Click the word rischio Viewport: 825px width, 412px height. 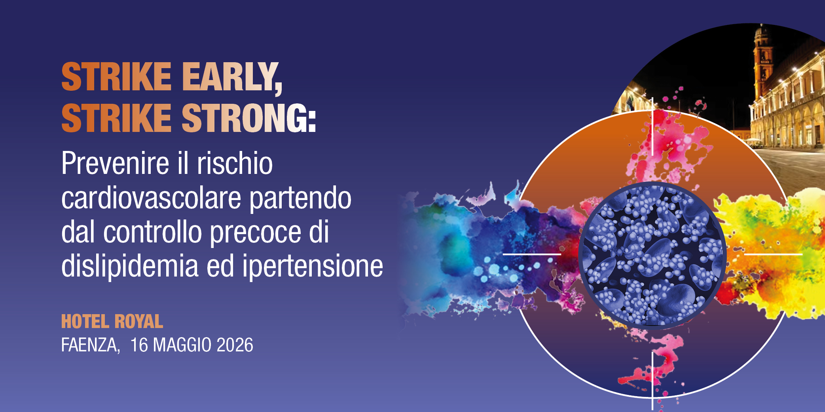pos(235,163)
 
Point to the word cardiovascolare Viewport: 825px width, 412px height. pos(151,198)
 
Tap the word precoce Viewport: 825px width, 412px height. pos(256,232)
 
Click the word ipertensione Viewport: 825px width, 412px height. pos(313,267)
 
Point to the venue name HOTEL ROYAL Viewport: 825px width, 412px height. pos(112,321)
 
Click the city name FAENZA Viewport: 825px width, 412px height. pos(90,345)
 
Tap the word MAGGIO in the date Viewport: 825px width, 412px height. pos(182,345)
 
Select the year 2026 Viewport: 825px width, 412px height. pos(235,345)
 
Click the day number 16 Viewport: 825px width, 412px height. pos(139,345)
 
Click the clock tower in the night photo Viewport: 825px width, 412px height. pos(762,59)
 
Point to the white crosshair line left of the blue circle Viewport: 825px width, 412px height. pos(532,254)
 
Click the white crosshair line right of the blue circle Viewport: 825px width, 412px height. pos(773,254)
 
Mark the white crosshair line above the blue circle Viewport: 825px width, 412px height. pos(652,127)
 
